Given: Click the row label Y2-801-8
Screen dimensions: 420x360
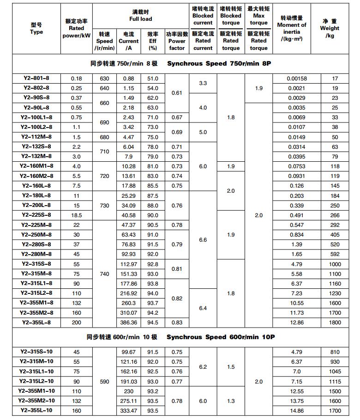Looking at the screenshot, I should click(36, 79).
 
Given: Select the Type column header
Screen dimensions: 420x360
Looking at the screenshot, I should click(36, 29).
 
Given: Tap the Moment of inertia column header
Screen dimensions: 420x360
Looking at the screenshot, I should click(291, 29).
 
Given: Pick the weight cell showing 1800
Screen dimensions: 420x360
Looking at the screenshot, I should click(335, 323).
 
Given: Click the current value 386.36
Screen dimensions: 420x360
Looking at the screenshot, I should click(129, 323).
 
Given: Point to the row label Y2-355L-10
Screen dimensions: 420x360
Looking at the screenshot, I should click(36, 410).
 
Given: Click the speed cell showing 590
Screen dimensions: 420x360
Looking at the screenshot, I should click(105, 382).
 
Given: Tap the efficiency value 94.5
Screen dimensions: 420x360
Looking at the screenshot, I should click(153, 323).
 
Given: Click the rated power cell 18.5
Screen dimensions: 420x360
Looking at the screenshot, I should click(77, 215).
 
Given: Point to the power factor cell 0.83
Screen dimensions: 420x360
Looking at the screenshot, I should click(177, 323).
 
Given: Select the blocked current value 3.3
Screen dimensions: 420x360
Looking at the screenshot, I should click(203, 84).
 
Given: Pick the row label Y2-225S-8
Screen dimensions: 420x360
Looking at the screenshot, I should click(36, 215).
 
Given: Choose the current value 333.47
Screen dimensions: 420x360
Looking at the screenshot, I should click(129, 410).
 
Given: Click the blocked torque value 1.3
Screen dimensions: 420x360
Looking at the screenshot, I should click(231, 401).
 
